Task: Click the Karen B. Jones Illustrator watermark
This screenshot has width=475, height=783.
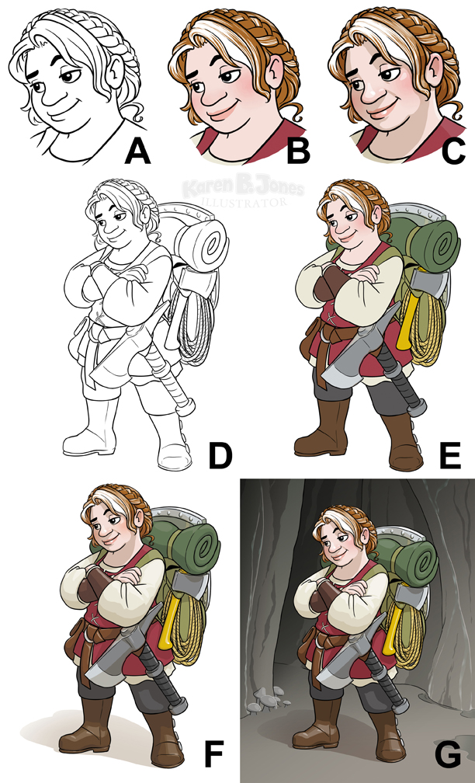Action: pos(242,193)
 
